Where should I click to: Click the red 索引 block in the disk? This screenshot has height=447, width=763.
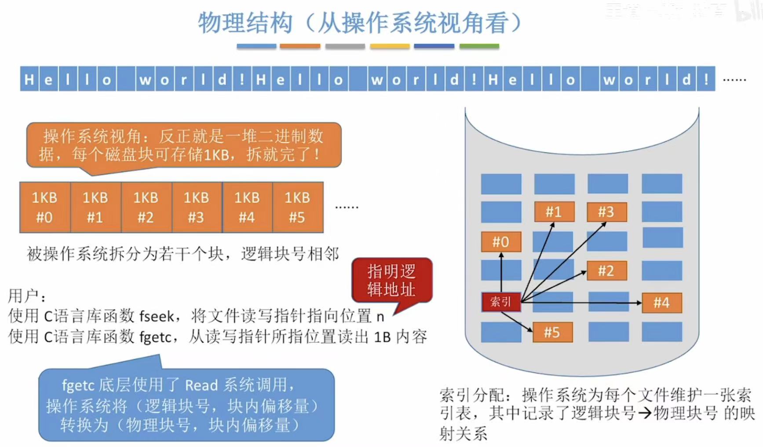[501, 302]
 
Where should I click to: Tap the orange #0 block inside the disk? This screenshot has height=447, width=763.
[501, 242]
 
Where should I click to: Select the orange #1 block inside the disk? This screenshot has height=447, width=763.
[554, 212]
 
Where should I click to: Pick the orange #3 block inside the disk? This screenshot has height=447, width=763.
[606, 212]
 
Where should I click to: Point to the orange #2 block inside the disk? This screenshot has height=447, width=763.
[606, 271]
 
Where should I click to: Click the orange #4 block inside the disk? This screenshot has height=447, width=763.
[661, 303]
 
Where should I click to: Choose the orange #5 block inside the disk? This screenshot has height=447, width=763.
[552, 332]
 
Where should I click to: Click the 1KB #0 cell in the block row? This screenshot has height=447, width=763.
[45, 207]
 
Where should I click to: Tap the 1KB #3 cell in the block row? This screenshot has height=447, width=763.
[197, 207]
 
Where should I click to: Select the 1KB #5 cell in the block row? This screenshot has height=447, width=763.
[298, 207]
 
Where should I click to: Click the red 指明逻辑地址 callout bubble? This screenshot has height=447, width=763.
[392, 281]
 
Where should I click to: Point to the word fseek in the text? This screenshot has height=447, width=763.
[157, 316]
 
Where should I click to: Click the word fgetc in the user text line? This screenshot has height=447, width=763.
[155, 337]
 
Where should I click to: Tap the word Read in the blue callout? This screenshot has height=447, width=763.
[201, 385]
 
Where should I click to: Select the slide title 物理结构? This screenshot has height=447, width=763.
[245, 23]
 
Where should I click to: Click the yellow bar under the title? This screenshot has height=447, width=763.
[390, 46]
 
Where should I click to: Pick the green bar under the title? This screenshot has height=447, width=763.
[479, 46]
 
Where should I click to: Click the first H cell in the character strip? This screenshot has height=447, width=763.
[29, 80]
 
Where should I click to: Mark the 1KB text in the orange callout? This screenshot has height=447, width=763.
[215, 155]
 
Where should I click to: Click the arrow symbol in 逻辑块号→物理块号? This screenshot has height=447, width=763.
[645, 414]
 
